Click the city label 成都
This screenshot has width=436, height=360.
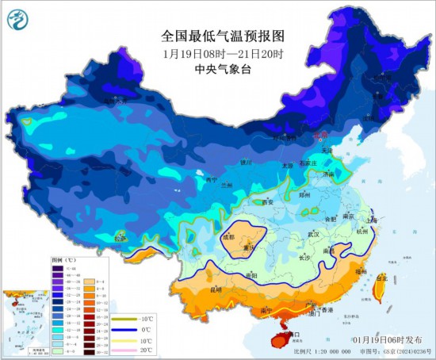(228, 236)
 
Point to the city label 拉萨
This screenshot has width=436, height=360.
(120, 237)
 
